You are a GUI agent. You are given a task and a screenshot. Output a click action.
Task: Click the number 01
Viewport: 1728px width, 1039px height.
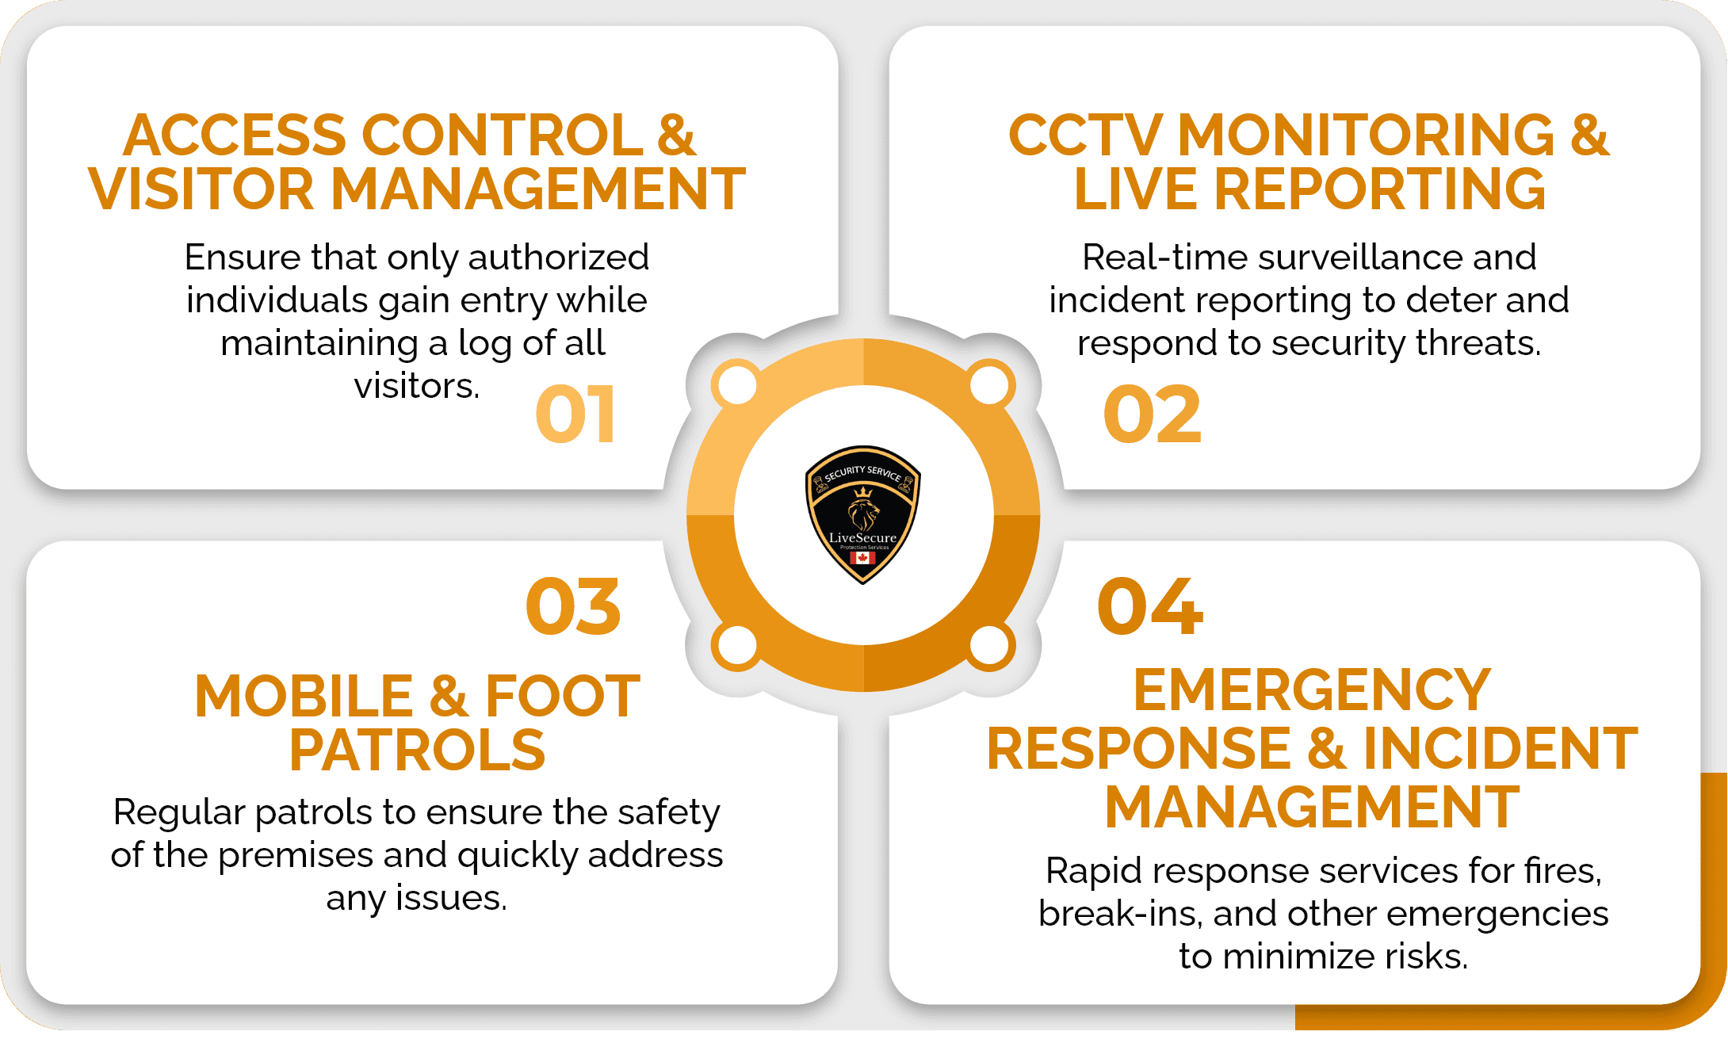(575, 414)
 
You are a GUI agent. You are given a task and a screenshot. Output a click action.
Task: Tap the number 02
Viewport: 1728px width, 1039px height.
(1152, 414)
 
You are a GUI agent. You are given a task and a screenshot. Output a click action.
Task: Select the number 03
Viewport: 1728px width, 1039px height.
(573, 607)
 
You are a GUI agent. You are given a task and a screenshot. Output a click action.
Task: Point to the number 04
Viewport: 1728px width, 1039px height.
(1150, 607)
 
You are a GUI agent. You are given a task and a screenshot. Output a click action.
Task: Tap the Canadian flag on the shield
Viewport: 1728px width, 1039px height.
(862, 558)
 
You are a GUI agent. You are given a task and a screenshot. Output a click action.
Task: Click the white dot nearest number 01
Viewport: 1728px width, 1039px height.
(737, 386)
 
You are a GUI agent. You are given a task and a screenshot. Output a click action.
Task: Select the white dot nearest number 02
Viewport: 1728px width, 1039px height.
(989, 386)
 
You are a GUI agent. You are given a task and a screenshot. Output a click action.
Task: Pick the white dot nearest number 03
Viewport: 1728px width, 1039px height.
(737, 645)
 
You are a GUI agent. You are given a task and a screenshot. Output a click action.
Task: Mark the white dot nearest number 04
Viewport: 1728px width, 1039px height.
(989, 645)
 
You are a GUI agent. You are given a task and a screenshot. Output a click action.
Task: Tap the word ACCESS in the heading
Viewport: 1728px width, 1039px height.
(235, 136)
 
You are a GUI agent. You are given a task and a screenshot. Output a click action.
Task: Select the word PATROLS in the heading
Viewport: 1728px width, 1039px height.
(417, 750)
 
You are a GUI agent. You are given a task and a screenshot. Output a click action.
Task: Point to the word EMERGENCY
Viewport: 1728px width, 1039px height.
(1312, 690)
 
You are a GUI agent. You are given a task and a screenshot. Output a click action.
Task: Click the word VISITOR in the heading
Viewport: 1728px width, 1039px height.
(201, 190)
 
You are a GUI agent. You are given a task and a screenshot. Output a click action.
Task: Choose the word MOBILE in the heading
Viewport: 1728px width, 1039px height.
(304, 697)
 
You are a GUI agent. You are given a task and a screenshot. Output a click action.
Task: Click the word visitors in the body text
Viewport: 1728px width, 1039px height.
(417, 386)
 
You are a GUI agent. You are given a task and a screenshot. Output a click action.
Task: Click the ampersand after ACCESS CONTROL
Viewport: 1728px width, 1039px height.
(676, 136)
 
